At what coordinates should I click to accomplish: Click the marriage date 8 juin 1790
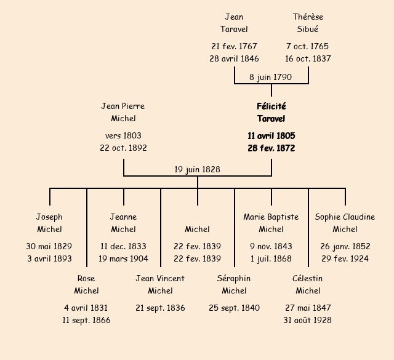click(271, 78)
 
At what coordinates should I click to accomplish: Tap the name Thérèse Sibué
click(308, 23)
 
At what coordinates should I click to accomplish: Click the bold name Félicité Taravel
click(271, 113)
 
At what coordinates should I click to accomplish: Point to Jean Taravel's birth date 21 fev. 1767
click(234, 47)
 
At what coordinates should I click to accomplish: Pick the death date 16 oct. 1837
click(308, 59)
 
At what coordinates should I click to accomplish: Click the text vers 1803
click(123, 136)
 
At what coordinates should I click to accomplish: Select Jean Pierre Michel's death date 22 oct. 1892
click(123, 148)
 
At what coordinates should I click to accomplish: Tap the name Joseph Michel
click(49, 223)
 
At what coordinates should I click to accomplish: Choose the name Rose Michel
click(86, 285)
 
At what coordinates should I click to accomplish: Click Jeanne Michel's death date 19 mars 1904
click(123, 259)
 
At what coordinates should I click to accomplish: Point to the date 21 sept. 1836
click(160, 308)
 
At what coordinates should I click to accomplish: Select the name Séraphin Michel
click(234, 285)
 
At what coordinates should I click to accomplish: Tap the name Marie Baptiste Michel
click(271, 223)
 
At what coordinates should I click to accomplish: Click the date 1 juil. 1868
click(271, 259)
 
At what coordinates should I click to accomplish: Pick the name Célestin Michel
click(308, 285)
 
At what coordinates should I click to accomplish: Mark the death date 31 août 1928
click(308, 321)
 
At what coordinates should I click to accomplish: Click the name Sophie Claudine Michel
click(345, 223)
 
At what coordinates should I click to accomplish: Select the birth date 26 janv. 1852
click(345, 247)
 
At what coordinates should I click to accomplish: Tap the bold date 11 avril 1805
click(271, 136)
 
